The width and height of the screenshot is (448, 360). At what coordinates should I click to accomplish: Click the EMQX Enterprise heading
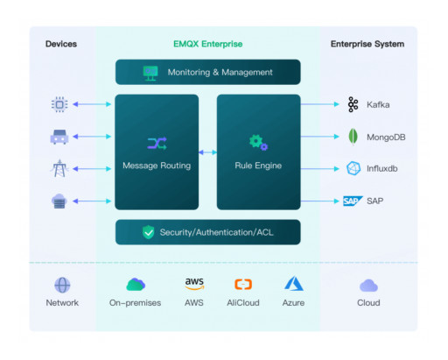pyautogui.click(x=207, y=43)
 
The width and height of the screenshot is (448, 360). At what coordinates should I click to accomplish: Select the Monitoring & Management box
pyautogui.click(x=207, y=72)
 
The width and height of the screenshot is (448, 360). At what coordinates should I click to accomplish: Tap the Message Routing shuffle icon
pyautogui.click(x=157, y=142)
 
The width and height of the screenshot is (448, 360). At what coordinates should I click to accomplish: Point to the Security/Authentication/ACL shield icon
pyautogui.click(x=149, y=232)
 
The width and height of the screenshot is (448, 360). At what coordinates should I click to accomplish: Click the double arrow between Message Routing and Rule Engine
pyautogui.click(x=207, y=152)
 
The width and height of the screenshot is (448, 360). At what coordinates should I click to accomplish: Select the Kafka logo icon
pyautogui.click(x=353, y=104)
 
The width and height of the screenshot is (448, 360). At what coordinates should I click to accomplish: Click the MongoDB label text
pyautogui.click(x=387, y=137)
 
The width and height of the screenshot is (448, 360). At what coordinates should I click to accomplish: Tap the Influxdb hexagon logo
pyautogui.click(x=353, y=168)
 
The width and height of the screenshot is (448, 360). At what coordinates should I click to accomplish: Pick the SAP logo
pyautogui.click(x=353, y=201)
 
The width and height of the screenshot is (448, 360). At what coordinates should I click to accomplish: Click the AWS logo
pyautogui.click(x=194, y=284)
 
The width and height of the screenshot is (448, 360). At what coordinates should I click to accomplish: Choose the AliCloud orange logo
pyautogui.click(x=244, y=284)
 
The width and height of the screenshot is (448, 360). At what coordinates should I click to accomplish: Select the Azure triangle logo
pyautogui.click(x=293, y=284)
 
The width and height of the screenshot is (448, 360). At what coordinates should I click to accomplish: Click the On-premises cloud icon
pyautogui.click(x=136, y=284)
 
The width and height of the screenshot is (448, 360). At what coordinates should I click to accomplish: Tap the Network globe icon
pyautogui.click(x=62, y=285)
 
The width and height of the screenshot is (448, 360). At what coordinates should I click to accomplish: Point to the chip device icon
pyautogui.click(x=59, y=104)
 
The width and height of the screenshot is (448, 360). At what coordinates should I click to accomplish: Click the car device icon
pyautogui.click(x=59, y=137)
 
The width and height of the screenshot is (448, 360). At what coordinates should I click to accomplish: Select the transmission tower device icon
pyautogui.click(x=59, y=168)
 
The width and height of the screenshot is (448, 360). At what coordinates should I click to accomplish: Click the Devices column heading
pyautogui.click(x=61, y=43)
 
